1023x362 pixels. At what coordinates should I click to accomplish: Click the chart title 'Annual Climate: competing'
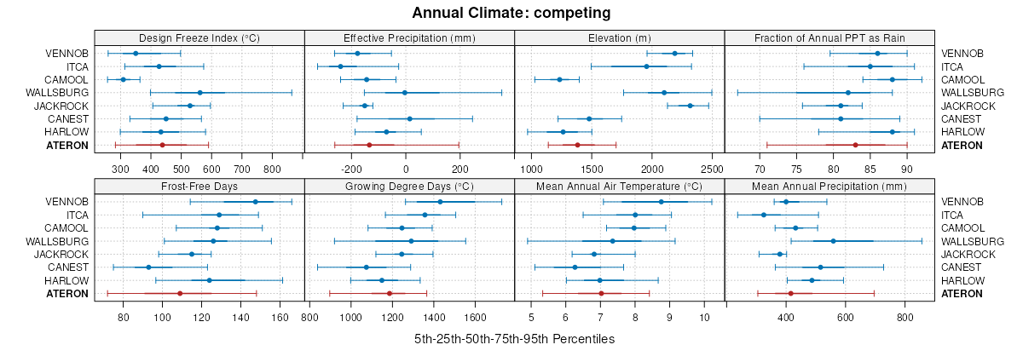pyautogui.click(x=511, y=13)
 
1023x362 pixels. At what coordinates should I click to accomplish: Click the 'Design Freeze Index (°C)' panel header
pyautogui.click(x=199, y=37)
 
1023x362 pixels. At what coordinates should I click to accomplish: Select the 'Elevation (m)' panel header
pyautogui.click(x=619, y=37)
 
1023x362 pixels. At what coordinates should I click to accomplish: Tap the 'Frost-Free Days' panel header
pyautogui.click(x=199, y=186)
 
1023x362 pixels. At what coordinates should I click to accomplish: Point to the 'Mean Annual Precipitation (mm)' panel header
pyautogui.click(x=829, y=186)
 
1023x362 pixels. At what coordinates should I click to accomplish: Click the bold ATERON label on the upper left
pyautogui.click(x=68, y=146)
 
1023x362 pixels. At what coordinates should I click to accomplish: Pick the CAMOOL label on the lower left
pyautogui.click(x=67, y=228)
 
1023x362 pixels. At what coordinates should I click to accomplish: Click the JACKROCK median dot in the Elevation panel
pyautogui.click(x=690, y=106)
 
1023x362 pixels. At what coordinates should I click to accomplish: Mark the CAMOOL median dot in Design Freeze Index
pyautogui.click(x=123, y=79)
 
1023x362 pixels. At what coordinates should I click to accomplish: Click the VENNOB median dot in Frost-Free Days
pyautogui.click(x=255, y=202)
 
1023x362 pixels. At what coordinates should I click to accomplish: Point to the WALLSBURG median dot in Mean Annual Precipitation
pyautogui.click(x=833, y=241)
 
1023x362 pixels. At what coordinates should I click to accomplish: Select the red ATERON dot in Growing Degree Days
pyautogui.click(x=390, y=293)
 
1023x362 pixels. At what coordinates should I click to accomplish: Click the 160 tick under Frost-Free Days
pyautogui.click(x=280, y=319)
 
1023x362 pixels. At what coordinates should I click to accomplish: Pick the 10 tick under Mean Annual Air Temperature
pyautogui.click(x=704, y=319)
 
